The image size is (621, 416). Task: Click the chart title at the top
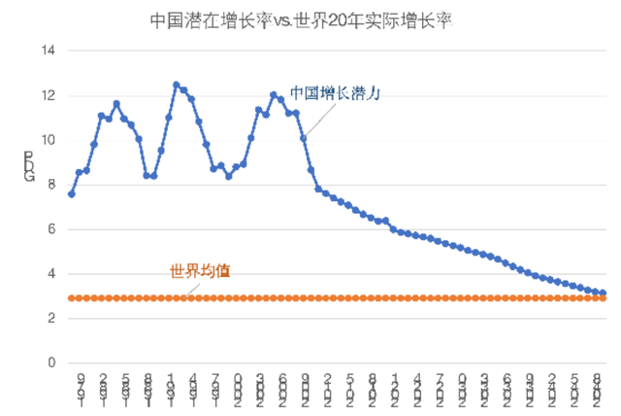click(302, 18)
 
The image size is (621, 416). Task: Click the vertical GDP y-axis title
click(29, 166)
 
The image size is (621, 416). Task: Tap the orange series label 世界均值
click(200, 270)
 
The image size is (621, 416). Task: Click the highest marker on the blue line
click(176, 85)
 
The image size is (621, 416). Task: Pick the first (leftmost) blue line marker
click(71, 194)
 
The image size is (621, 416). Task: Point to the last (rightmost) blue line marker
click(603, 294)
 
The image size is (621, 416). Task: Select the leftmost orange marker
click(71, 298)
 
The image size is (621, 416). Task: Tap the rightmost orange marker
click(603, 298)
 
